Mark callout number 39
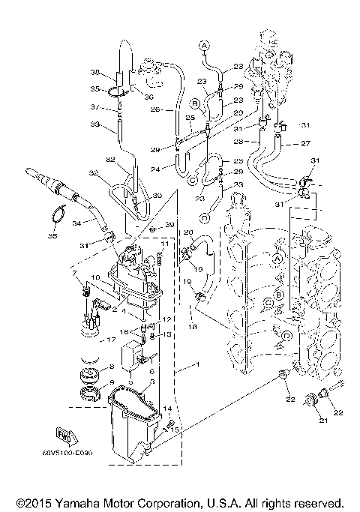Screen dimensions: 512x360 (170, 225)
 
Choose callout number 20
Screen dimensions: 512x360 (188, 233)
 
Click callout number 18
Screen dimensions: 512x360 (193, 327)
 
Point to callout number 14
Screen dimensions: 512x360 (168, 409)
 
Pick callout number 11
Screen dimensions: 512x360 (165, 245)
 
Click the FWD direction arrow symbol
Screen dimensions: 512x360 (64, 434)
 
